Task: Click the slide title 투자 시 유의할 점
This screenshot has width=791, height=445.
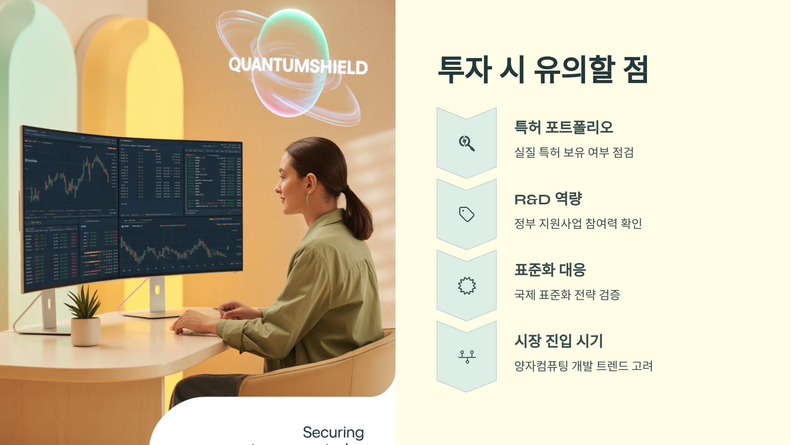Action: point(543,70)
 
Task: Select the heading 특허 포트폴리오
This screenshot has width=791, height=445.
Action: point(564,127)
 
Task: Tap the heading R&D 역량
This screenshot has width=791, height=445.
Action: point(548,199)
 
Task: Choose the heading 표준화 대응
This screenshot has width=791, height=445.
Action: point(550,270)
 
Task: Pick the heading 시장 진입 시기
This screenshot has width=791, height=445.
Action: point(559,341)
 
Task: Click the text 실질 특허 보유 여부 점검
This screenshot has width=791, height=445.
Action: point(574,152)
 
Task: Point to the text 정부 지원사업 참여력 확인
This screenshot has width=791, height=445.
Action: point(578,223)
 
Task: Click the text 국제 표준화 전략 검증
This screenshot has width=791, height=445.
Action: point(567,295)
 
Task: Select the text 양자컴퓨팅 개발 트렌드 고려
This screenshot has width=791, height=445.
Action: point(583,366)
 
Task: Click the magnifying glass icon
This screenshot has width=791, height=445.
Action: point(467,143)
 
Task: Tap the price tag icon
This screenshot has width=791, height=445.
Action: point(467,214)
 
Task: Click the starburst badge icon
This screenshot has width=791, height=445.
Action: point(467,285)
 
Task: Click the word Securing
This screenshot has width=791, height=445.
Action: point(333,432)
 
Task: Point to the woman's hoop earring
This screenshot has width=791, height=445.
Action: point(308,199)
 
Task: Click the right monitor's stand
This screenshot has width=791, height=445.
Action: point(157,297)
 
